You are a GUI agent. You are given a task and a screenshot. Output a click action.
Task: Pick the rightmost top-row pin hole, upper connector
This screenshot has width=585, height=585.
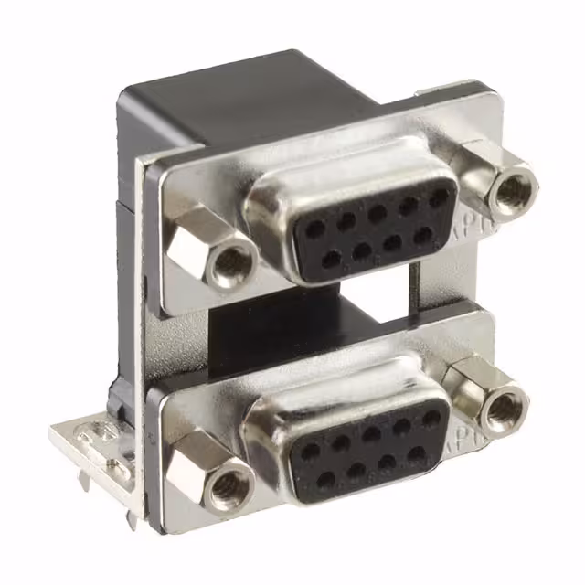(x=440, y=197)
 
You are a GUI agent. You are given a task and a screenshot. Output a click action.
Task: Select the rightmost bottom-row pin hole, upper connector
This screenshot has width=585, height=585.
(x=423, y=235)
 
